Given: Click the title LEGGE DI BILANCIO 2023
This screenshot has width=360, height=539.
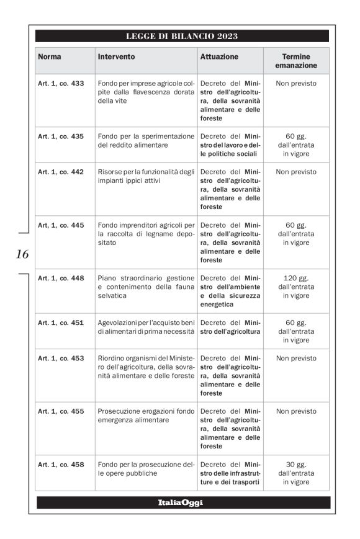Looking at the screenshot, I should [182, 36].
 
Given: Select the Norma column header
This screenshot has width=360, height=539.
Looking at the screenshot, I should [50, 56].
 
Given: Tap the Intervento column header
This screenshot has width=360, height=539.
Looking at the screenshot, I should [116, 56].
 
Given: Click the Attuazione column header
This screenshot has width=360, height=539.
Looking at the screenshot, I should [219, 56].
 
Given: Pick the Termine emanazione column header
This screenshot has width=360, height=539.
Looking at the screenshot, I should [295, 61].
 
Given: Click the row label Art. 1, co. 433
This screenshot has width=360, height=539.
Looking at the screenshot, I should [61, 83].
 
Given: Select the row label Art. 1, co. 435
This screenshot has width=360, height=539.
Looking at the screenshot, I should [61, 136].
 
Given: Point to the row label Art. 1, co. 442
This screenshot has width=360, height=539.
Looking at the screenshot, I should [61, 172].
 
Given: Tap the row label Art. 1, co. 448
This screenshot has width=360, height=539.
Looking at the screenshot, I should [61, 278].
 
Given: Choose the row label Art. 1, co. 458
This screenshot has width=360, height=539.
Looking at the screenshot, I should [61, 465].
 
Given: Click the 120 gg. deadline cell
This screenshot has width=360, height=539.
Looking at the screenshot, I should [295, 287].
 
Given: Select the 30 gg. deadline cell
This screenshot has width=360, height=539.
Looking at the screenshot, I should [295, 473].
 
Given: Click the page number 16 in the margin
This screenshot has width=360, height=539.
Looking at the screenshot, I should [22, 254].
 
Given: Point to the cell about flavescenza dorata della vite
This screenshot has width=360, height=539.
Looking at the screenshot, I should [146, 92].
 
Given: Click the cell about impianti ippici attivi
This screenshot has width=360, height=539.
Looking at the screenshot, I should [146, 176].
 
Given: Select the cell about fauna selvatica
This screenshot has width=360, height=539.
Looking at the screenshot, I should [146, 287].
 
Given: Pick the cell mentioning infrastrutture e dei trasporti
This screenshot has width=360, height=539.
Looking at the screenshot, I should [230, 473].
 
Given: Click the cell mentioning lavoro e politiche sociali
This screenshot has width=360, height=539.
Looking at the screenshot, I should [230, 145].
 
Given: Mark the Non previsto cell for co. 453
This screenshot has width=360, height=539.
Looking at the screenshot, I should [295, 358].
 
